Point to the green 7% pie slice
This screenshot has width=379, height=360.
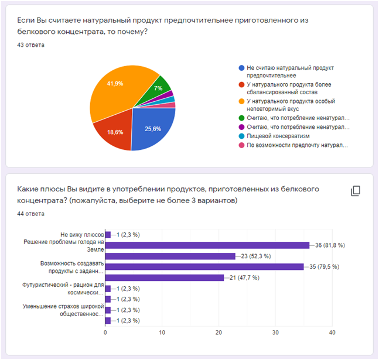pos(159,87)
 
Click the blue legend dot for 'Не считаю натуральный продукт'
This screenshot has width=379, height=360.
pos(241,68)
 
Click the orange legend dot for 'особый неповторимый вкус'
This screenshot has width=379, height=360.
pos(241,101)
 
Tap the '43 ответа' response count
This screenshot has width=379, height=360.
pos(31,44)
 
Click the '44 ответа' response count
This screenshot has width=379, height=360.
pos(31,214)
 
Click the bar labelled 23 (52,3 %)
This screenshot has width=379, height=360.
pos(170,256)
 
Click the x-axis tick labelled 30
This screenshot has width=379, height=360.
pos(275,332)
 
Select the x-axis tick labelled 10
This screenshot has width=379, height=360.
pos(162,332)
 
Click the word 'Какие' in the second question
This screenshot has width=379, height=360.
pos(28,189)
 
